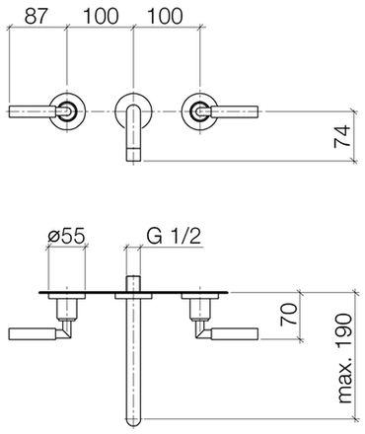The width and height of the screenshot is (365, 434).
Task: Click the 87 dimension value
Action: pos(36,16)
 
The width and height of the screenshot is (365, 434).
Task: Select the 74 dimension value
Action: pos(342,136)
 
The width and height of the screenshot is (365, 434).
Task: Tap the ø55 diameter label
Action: pos(66,236)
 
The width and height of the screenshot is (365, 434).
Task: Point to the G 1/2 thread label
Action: pos(174,236)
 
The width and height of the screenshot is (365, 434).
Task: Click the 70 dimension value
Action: pos(288,315)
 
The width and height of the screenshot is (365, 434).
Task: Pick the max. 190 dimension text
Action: pos(344,358)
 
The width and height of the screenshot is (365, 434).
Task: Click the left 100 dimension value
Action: pos(101,16)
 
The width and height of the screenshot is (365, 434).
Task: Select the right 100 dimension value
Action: pos(165,16)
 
